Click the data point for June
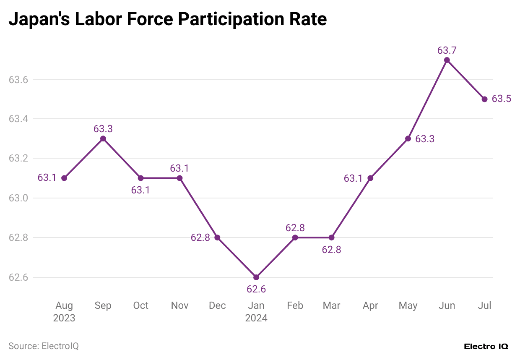pyautogui.click(x=447, y=60)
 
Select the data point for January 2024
pyautogui.click(x=256, y=277)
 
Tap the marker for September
pyautogui.click(x=103, y=138)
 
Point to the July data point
pyautogui.click(x=484, y=99)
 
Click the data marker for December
pyautogui.click(x=217, y=237)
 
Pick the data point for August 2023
pyautogui.click(x=64, y=178)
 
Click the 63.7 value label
pyautogui.click(x=447, y=50)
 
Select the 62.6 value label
pyautogui.click(x=256, y=289)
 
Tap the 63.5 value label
pyautogui.click(x=501, y=99)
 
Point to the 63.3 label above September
pyautogui.click(x=103, y=129)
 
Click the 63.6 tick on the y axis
pyautogui.click(x=18, y=80)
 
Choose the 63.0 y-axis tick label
pyautogui.click(x=18, y=198)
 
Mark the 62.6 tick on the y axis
pyautogui.click(x=18, y=277)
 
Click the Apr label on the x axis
pyautogui.click(x=370, y=305)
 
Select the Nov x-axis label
pyautogui.click(x=179, y=305)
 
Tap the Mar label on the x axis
pyautogui.click(x=331, y=305)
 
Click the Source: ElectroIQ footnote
pyautogui.click(x=44, y=346)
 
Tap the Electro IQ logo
pyautogui.click(x=486, y=347)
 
